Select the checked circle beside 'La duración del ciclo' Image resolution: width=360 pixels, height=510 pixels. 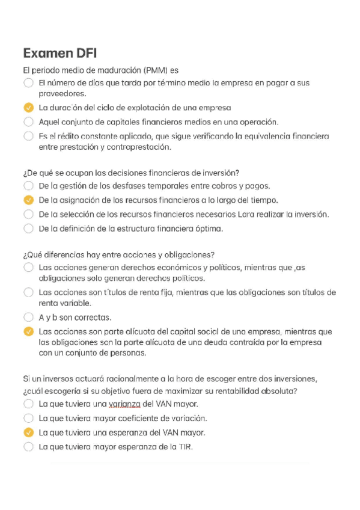[x=28, y=108]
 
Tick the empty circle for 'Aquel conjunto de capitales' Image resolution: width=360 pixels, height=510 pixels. [x=28, y=121]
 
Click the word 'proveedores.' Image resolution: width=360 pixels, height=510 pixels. [x=63, y=94]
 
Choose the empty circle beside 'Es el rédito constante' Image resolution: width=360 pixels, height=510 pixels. [x=28, y=137]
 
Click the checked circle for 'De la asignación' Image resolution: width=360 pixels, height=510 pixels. [x=28, y=200]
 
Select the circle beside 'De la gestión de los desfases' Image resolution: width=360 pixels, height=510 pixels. [x=28, y=186]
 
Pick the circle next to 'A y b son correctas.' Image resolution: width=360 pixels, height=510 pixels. [x=28, y=317]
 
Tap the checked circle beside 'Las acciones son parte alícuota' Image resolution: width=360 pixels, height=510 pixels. [x=28, y=331]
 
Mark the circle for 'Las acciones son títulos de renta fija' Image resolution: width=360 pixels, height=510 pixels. [x=28, y=292]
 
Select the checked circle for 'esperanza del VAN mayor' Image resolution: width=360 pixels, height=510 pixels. [x=28, y=432]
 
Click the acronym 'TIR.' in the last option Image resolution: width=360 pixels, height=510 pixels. [x=185, y=447]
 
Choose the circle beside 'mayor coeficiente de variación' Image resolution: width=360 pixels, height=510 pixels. [x=28, y=418]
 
